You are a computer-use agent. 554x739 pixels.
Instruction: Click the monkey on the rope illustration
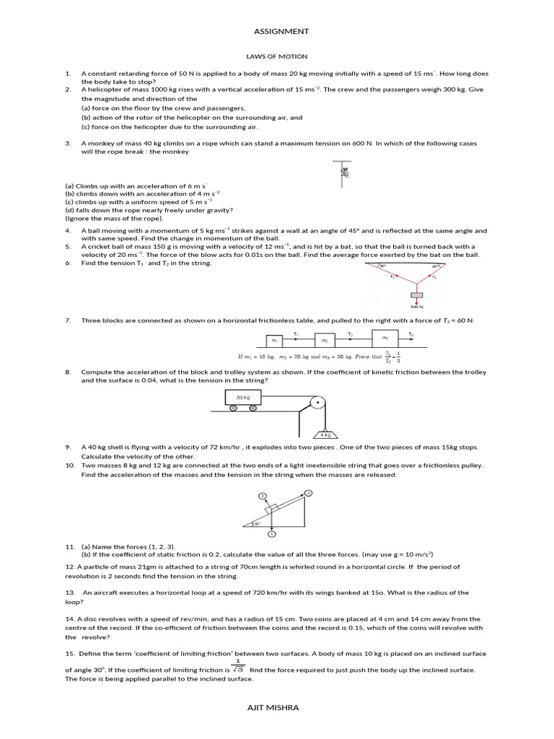click(x=345, y=172)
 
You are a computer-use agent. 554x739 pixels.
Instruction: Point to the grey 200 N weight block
click(x=415, y=297)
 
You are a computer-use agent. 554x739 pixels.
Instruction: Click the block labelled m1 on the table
click(x=274, y=339)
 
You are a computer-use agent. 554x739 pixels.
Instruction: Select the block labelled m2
click(x=325, y=339)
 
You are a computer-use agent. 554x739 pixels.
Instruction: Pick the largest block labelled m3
click(x=385, y=337)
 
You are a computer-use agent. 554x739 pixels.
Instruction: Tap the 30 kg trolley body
click(x=239, y=398)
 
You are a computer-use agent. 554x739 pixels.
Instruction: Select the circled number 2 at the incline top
click(x=308, y=493)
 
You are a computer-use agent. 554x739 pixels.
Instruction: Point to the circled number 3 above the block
click(x=263, y=497)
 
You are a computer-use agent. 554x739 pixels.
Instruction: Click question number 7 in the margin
click(x=67, y=320)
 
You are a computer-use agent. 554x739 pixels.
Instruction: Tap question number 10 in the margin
click(x=69, y=465)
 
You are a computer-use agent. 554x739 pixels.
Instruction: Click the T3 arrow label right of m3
click(x=411, y=334)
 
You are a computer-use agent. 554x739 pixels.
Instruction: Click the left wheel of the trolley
click(x=234, y=409)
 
